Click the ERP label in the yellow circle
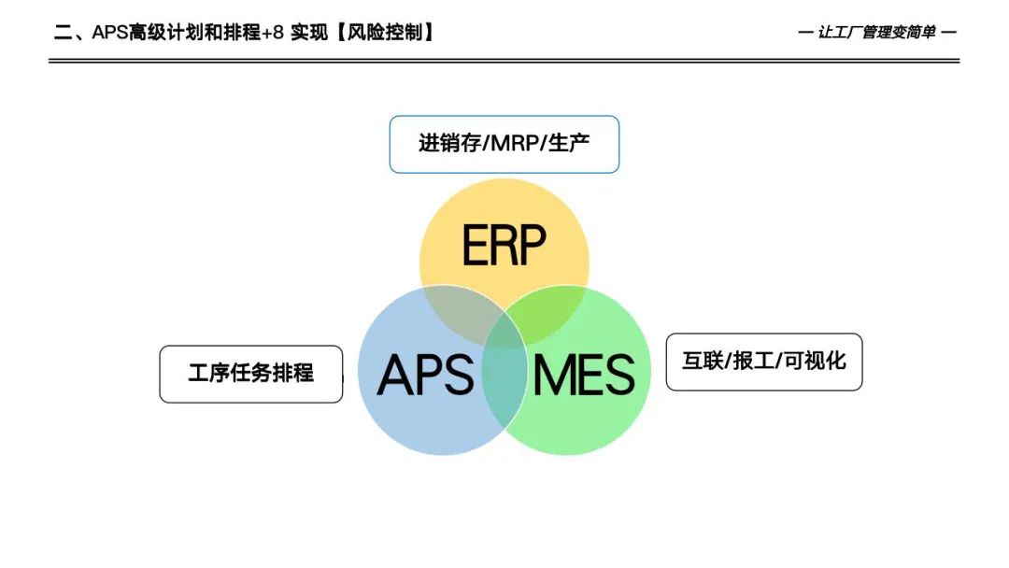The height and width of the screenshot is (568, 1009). tap(504, 246)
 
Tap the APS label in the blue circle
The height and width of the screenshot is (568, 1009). tap(426, 375)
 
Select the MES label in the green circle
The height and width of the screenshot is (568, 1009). tap(584, 375)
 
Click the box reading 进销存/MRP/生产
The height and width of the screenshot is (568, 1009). tap(504, 144)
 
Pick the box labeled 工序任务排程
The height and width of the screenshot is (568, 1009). tap(250, 374)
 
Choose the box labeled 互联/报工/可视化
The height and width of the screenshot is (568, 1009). tap(763, 362)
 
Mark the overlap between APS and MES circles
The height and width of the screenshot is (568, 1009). tap(504, 388)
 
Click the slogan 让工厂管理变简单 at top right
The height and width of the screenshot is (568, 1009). tap(875, 32)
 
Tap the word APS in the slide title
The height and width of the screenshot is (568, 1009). tap(109, 32)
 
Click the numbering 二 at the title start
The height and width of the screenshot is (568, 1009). tap(62, 32)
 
